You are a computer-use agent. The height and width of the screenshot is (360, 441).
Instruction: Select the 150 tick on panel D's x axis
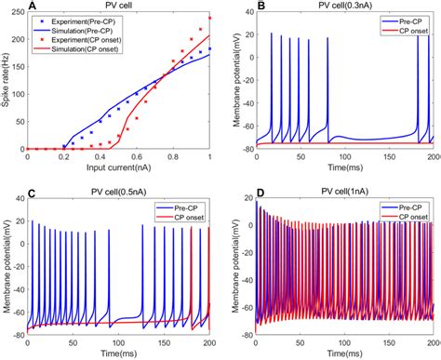(x=388, y=343)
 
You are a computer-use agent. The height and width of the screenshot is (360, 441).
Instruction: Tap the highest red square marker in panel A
(x=209, y=19)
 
